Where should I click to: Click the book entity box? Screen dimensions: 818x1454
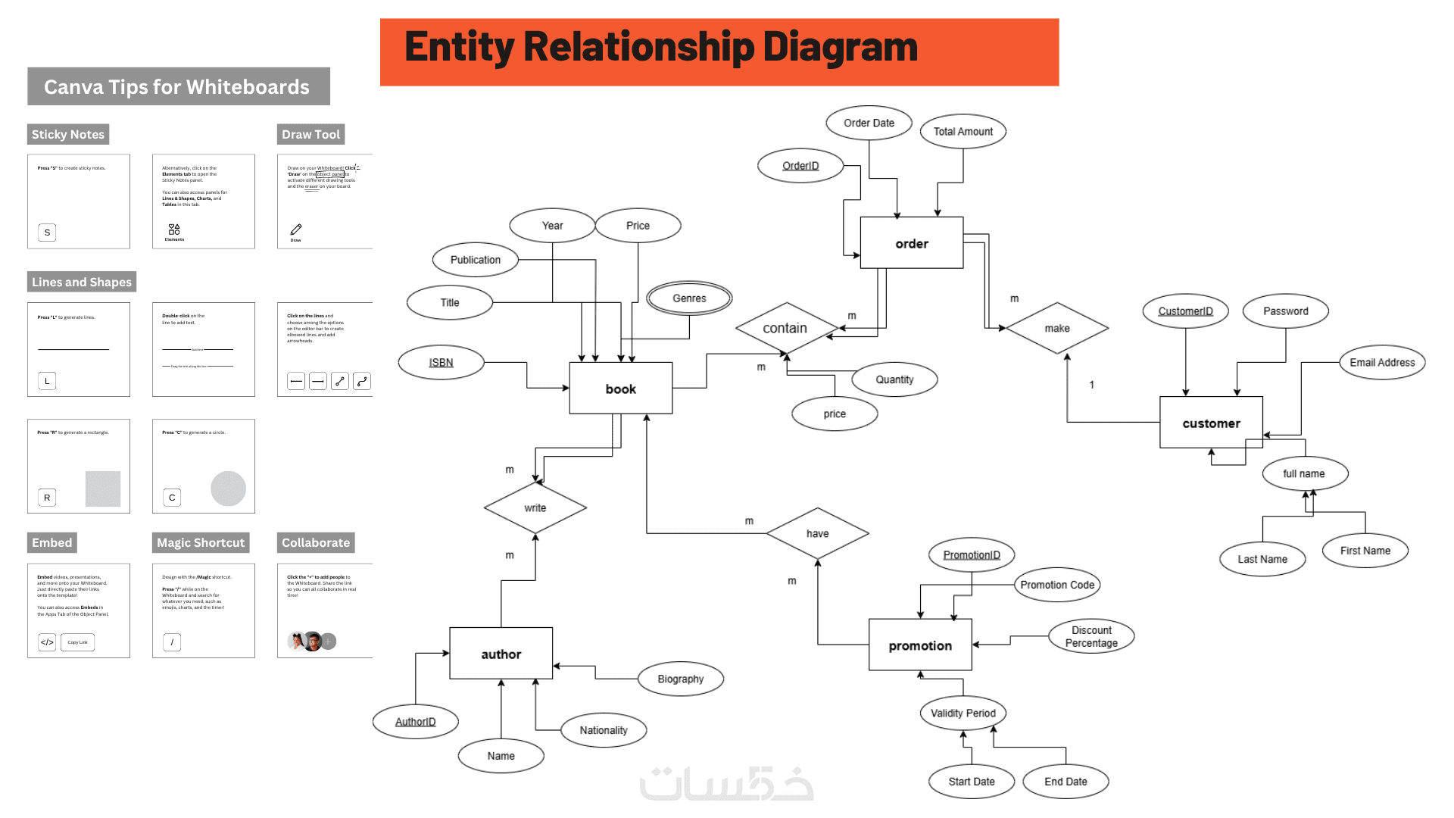620,389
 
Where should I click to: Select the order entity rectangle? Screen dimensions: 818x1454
911,243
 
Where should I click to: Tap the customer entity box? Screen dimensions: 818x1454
1211,423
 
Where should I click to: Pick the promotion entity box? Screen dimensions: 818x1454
920,645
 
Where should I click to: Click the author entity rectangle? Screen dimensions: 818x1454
501,654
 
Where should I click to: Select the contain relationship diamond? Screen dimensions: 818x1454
786,328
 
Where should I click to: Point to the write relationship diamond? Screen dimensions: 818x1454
535,507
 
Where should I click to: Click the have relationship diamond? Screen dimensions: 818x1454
817,533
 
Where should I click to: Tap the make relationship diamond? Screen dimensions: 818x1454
1056,328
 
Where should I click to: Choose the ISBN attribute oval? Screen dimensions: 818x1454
441,362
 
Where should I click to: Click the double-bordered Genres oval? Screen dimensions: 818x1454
689,298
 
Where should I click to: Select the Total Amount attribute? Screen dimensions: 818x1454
963,131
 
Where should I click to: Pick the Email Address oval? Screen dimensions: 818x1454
1382,362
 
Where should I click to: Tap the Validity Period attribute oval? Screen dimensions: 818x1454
963,713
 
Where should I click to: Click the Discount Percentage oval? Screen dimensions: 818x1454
1091,636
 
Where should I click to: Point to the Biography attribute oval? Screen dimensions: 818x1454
680,679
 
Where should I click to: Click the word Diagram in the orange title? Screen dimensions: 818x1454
840,47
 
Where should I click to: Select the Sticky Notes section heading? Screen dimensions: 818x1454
68,134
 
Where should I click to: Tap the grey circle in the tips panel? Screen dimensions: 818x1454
228,489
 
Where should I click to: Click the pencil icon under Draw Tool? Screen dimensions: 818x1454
296,229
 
